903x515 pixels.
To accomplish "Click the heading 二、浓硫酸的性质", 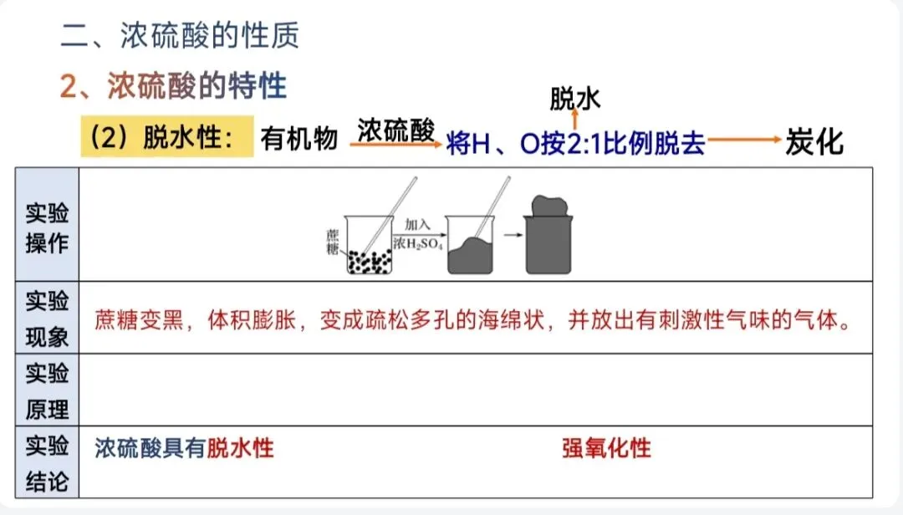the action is [180, 35].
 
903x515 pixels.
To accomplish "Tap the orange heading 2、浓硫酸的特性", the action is [173, 85].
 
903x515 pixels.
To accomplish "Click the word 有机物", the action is [299, 139].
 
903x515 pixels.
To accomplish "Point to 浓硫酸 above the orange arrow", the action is [396, 129].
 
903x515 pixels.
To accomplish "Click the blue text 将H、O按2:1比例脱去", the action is [576, 144].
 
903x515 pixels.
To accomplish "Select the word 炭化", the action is [814, 142].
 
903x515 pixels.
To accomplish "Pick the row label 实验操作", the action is [48, 227].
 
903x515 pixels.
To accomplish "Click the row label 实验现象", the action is [48, 319].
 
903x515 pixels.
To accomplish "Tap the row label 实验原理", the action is [48, 390].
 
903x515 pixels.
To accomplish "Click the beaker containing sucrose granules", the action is [369, 246].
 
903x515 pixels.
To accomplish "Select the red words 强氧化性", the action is [606, 448].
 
